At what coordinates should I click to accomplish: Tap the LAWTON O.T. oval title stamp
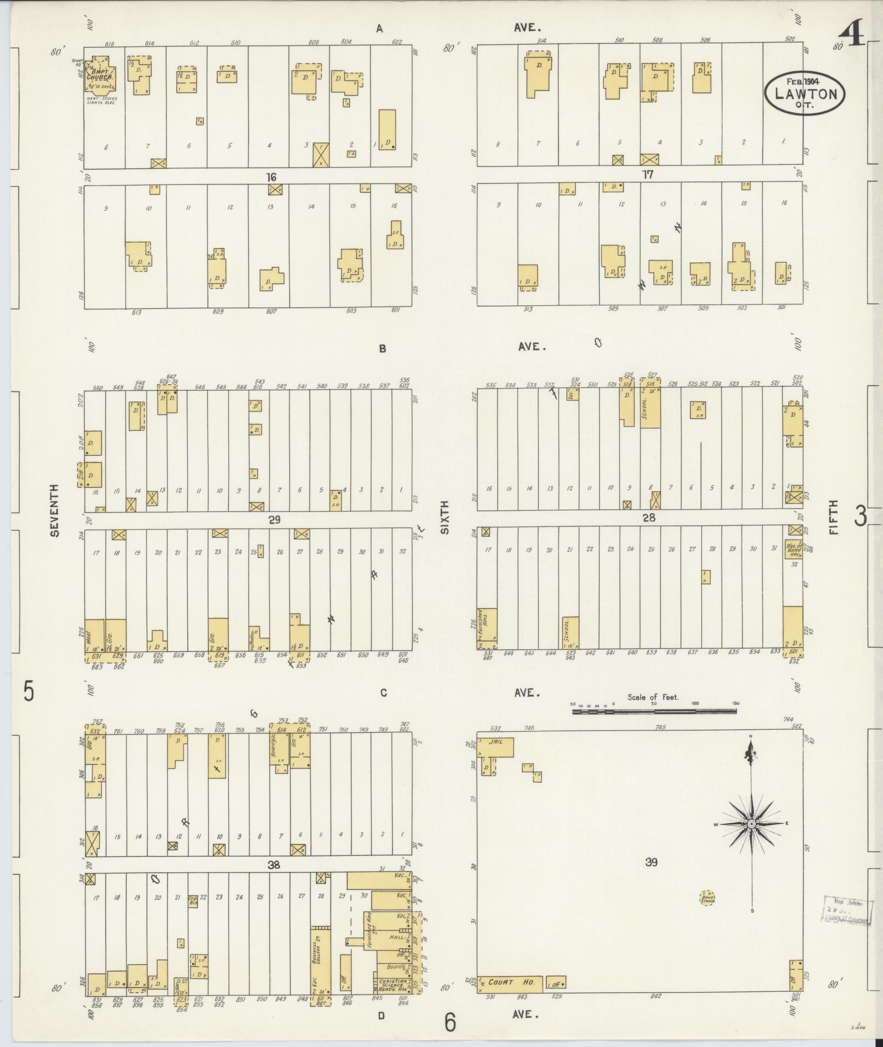click(805, 93)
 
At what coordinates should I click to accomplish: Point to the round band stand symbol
click(707, 898)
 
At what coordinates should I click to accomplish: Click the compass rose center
click(752, 824)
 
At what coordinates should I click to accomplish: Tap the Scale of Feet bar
click(654, 712)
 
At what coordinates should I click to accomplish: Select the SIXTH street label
click(444, 517)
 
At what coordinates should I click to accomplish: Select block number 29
click(274, 519)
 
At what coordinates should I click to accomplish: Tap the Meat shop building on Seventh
click(94, 635)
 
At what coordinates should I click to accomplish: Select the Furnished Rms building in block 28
click(487, 628)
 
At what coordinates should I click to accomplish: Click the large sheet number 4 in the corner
click(852, 34)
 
